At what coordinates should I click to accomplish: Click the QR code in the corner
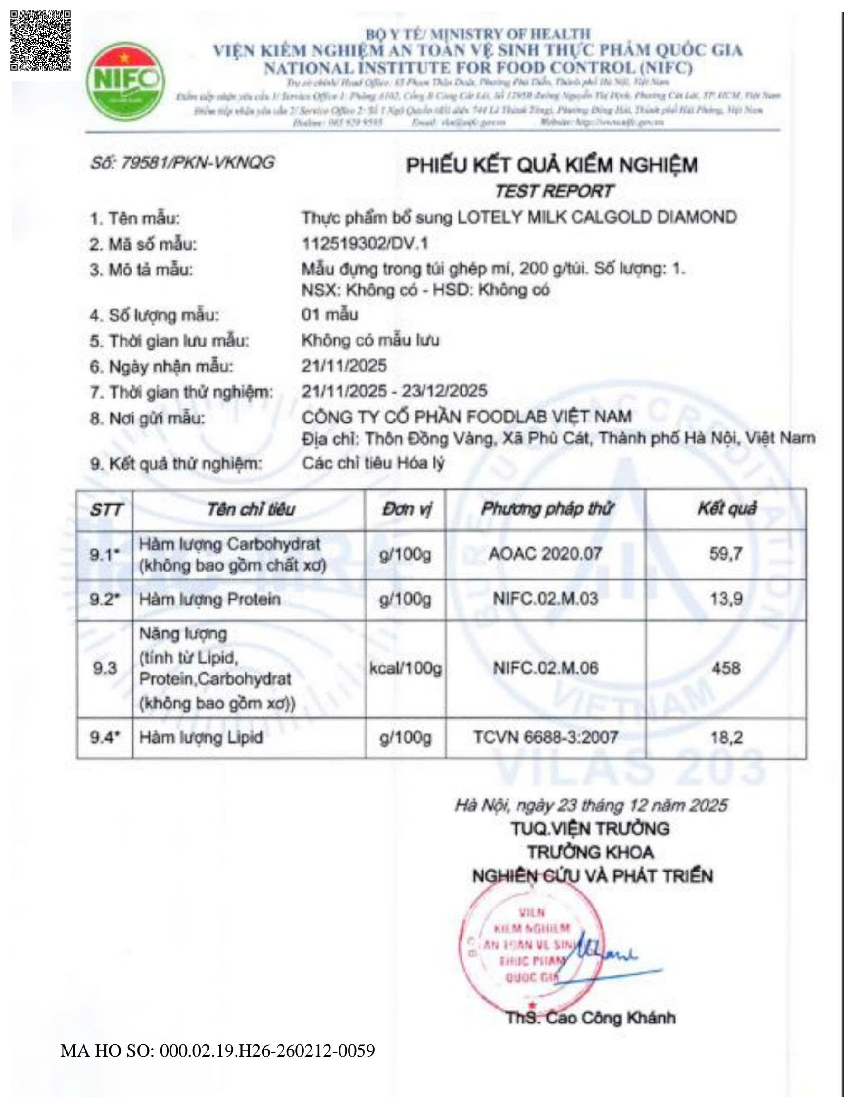tap(41, 40)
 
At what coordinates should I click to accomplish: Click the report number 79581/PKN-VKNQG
tap(182, 163)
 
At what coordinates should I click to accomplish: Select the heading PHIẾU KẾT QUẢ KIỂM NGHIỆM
tap(552, 165)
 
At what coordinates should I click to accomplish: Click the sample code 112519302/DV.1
tap(365, 244)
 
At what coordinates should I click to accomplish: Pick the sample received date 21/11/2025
tap(344, 366)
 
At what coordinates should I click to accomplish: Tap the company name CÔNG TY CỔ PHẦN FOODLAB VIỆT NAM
tap(466, 416)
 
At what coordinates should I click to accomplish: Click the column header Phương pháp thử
tap(546, 509)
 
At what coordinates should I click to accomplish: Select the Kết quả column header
tap(726, 509)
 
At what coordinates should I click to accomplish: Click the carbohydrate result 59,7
tap(726, 554)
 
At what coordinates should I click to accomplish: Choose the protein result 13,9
tap(726, 599)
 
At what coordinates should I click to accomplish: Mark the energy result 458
tap(726, 668)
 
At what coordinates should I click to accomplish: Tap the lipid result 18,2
tap(726, 737)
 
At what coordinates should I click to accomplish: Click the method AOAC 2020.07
tap(546, 554)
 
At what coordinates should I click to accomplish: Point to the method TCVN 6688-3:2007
tap(546, 737)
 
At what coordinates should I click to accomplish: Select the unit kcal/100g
tap(405, 668)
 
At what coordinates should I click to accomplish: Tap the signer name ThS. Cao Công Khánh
tap(590, 1018)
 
